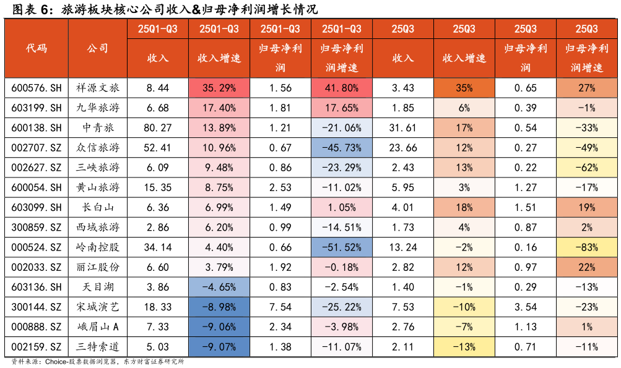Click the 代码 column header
point(37,48)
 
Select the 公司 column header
point(97,48)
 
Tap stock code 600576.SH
point(37,88)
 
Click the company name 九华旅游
point(97,108)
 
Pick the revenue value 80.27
point(158,127)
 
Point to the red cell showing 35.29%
point(219,88)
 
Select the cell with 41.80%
point(342,88)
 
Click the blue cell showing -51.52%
point(342,247)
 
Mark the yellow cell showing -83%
point(587,247)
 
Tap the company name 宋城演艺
point(97,307)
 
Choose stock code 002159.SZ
point(37,347)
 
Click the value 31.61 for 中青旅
point(403,127)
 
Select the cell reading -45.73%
point(342,147)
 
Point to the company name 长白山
point(97,207)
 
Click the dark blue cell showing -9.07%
point(219,347)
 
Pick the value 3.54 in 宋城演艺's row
point(526,307)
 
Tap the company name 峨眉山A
point(97,327)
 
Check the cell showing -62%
point(587,168)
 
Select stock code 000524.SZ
point(37,247)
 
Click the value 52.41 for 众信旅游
point(158,147)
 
